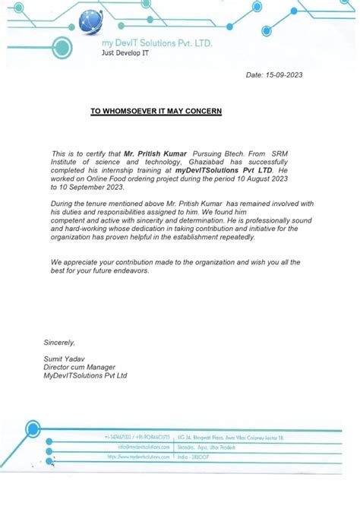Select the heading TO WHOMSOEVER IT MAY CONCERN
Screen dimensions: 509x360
pyautogui.click(x=156, y=111)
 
